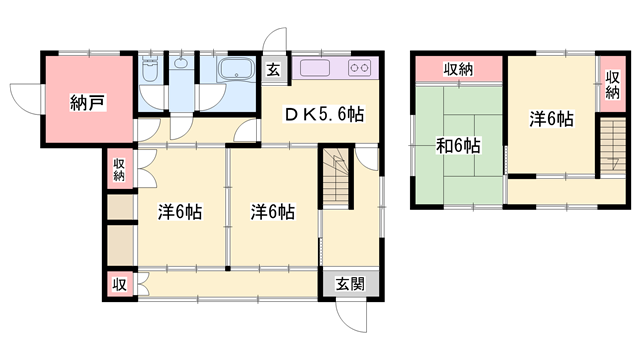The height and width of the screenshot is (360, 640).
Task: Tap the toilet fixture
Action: coord(151,73)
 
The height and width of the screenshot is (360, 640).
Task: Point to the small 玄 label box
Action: coord(274,71)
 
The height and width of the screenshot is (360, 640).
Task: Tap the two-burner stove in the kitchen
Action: coord(360,71)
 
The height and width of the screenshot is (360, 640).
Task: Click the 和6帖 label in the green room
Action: coord(459,147)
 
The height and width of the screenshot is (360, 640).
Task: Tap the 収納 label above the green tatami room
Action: coord(459,69)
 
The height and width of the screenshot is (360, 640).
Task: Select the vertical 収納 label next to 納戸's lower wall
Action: coord(119,169)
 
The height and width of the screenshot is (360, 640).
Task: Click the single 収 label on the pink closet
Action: coord(119,283)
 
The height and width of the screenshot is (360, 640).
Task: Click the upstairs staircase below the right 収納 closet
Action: coord(610,146)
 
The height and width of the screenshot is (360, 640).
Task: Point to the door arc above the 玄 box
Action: coord(273,42)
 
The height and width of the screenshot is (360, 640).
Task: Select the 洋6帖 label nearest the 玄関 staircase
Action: coord(272,212)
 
